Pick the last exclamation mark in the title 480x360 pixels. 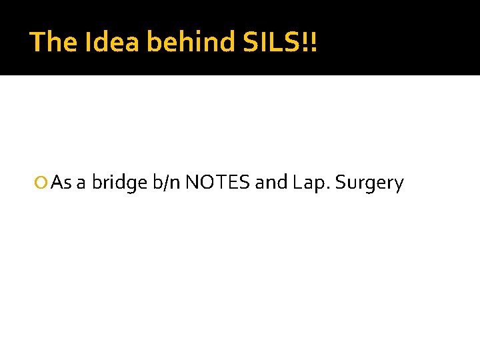tap(314, 42)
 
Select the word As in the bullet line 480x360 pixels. tap(61, 183)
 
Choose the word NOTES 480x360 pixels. tap(218, 183)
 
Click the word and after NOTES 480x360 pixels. tap(271, 183)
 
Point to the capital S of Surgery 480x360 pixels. tap(341, 183)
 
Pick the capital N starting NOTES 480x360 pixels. tap(192, 183)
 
